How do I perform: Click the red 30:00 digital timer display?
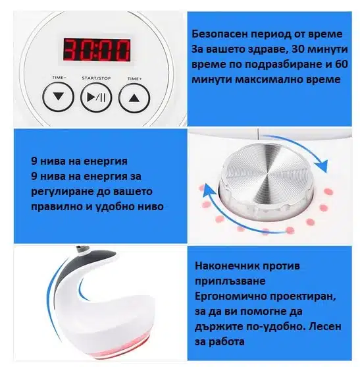point(97,50)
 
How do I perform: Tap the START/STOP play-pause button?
point(96,98)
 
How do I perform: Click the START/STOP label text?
point(96,78)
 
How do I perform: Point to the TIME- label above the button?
point(59,78)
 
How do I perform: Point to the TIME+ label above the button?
point(135,78)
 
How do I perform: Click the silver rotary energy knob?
point(266,179)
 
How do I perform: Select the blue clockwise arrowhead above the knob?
point(322,167)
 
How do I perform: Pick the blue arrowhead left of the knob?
point(209,190)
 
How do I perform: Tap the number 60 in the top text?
point(342,64)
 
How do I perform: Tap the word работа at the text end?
point(226,342)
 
